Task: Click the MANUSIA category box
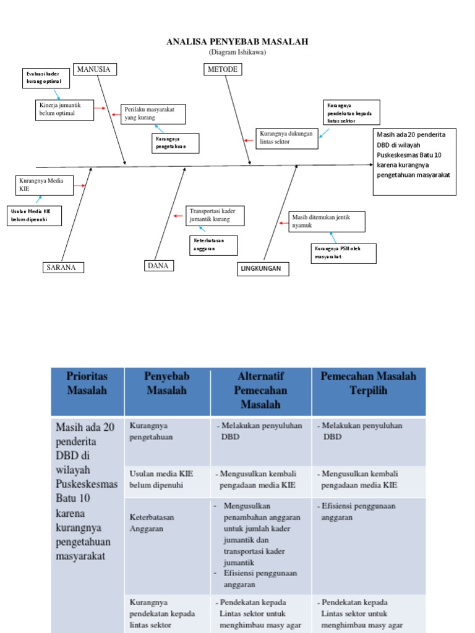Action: pyautogui.click(x=95, y=69)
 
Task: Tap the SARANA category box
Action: pyautogui.click(x=63, y=268)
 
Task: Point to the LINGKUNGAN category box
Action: pyautogui.click(x=263, y=269)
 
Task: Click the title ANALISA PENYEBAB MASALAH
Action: pyautogui.click(x=237, y=42)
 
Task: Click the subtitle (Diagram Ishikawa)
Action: pyautogui.click(x=237, y=53)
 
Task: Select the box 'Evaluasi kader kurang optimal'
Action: pyautogui.click(x=46, y=79)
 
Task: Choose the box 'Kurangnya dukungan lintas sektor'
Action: pyautogui.click(x=287, y=138)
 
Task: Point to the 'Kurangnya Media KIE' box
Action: pyautogui.click(x=44, y=185)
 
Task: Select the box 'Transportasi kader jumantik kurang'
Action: pyautogui.click(x=215, y=216)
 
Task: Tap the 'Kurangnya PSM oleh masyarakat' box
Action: pyautogui.click(x=343, y=253)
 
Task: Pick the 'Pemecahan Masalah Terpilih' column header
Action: pyautogui.click(x=368, y=383)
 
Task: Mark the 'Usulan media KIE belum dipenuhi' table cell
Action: pyautogui.click(x=168, y=480)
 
